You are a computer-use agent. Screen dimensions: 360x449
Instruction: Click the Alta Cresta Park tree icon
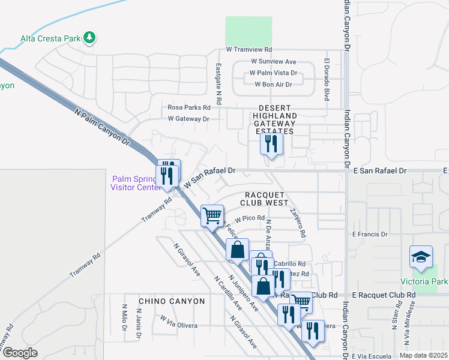coord(89,38)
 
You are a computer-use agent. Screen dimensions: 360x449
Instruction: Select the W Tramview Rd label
coord(249,49)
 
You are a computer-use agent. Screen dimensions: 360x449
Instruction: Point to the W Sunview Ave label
coord(273,62)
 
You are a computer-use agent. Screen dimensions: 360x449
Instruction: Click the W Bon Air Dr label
coord(273,85)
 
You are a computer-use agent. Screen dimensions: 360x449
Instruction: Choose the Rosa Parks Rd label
coord(189,107)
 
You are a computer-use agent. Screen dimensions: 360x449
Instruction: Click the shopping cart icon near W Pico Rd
coord(212,215)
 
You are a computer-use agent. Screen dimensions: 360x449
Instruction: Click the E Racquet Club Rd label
coord(384,295)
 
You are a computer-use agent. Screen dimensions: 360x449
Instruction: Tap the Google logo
coord(20,353)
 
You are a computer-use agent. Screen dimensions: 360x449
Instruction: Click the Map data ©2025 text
coord(423,355)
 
